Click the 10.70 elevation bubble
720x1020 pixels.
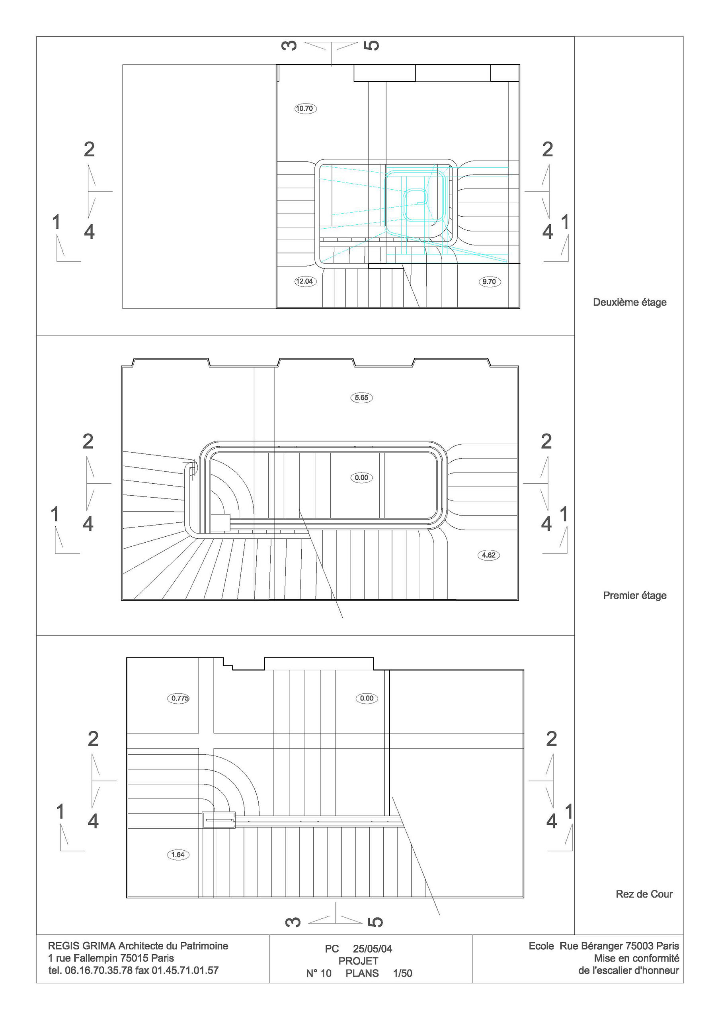point(305,108)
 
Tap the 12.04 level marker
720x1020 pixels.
point(305,281)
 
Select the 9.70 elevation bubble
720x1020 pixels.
point(489,282)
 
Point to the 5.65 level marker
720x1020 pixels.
point(361,398)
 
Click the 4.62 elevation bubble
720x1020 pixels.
point(488,555)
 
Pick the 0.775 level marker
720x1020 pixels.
point(180,698)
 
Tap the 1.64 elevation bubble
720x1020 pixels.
point(178,854)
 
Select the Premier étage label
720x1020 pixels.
point(635,595)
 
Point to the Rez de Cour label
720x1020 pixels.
point(644,894)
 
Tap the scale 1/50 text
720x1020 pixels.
point(403,973)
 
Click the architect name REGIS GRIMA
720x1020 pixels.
point(82,945)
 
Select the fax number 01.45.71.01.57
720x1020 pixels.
point(185,970)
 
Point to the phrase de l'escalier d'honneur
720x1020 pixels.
point(628,970)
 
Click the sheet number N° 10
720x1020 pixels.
point(319,973)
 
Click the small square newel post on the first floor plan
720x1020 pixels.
point(220,523)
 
